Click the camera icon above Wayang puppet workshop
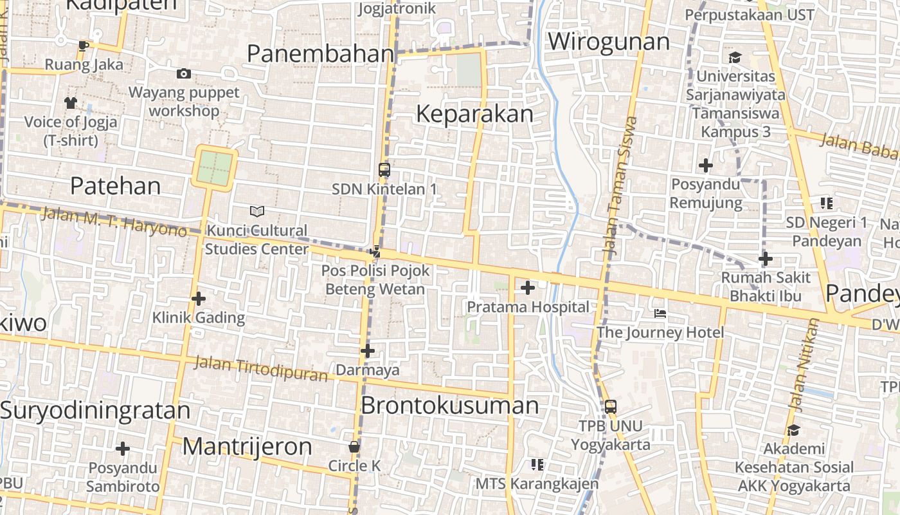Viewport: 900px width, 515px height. (x=184, y=74)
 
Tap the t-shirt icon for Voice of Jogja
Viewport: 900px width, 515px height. (x=71, y=103)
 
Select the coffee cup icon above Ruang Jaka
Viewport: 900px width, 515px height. (x=83, y=46)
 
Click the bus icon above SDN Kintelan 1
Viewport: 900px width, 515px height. (x=384, y=170)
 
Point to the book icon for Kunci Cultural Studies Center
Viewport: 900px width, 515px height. (x=256, y=211)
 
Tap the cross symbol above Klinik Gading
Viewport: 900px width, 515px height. (x=199, y=299)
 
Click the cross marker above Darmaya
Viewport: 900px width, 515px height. (x=368, y=351)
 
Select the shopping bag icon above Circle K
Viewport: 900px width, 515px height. (x=354, y=447)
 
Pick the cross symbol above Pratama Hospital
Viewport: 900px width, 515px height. (x=528, y=288)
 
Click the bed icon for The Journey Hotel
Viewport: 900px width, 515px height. (x=660, y=314)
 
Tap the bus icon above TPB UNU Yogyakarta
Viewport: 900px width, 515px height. (x=611, y=407)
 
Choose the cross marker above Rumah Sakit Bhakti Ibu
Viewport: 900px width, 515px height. (x=765, y=259)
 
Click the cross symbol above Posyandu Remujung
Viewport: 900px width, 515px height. (x=706, y=165)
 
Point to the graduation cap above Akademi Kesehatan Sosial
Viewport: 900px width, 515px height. (x=793, y=429)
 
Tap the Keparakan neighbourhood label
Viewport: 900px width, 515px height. (x=474, y=114)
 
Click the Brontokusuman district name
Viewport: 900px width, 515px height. (x=449, y=406)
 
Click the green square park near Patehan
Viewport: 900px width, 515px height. (x=214, y=167)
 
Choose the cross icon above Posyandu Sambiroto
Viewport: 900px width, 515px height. (x=123, y=449)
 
